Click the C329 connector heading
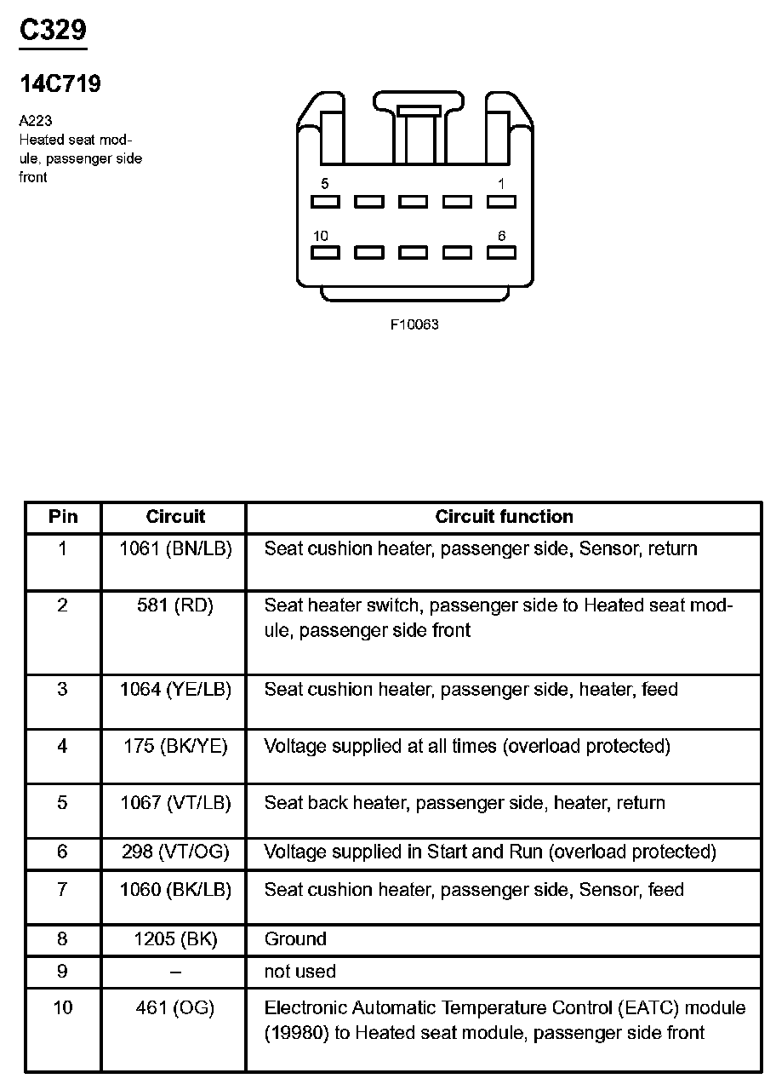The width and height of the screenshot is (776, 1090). click(53, 30)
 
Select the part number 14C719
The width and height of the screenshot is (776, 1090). click(60, 84)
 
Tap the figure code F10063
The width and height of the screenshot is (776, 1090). click(414, 324)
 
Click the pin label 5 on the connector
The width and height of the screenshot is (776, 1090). click(325, 183)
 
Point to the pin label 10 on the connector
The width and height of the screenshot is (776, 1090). click(321, 235)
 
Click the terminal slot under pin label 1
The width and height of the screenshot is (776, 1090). click(501, 202)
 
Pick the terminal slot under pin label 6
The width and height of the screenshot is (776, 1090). click(501, 253)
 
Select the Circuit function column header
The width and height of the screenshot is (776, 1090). click(504, 517)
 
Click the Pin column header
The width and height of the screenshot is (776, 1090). click(63, 517)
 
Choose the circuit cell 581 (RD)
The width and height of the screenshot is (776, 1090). click(175, 605)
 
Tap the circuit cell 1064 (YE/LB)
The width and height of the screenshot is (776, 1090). click(175, 689)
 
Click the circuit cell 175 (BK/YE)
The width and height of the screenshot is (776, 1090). click(175, 746)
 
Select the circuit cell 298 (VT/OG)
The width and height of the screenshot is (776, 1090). click(175, 852)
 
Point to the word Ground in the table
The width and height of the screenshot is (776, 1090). click(295, 939)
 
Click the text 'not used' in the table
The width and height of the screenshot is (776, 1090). click(300, 972)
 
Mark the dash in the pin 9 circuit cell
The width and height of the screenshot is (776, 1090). click(175, 972)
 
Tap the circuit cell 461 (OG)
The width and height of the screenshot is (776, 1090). click(175, 1008)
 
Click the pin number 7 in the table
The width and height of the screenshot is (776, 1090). click(62, 890)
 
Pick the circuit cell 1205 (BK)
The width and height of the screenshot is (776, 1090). click(175, 939)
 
